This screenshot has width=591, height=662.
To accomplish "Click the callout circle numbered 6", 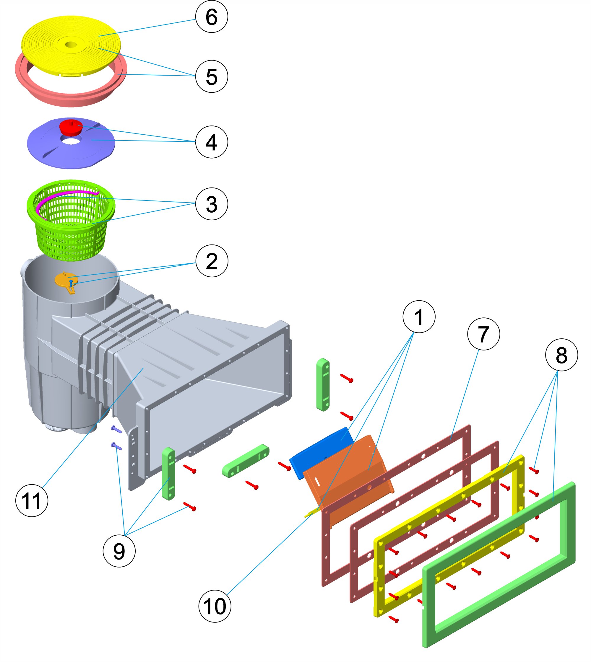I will coord(211,16).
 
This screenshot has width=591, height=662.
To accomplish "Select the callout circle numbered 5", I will coord(211,76).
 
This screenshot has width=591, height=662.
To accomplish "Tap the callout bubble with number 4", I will coord(211,142).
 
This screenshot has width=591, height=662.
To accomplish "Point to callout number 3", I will coord(211,204).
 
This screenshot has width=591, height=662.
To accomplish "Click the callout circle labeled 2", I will coord(212,261).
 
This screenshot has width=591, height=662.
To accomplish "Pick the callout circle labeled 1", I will coord(419,317).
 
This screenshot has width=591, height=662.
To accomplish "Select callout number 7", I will coord(483,334).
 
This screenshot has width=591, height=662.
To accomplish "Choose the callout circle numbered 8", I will coord(561,355).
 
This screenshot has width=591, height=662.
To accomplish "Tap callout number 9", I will coord(119,551).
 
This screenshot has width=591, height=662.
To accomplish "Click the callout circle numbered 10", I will coord(215,606).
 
